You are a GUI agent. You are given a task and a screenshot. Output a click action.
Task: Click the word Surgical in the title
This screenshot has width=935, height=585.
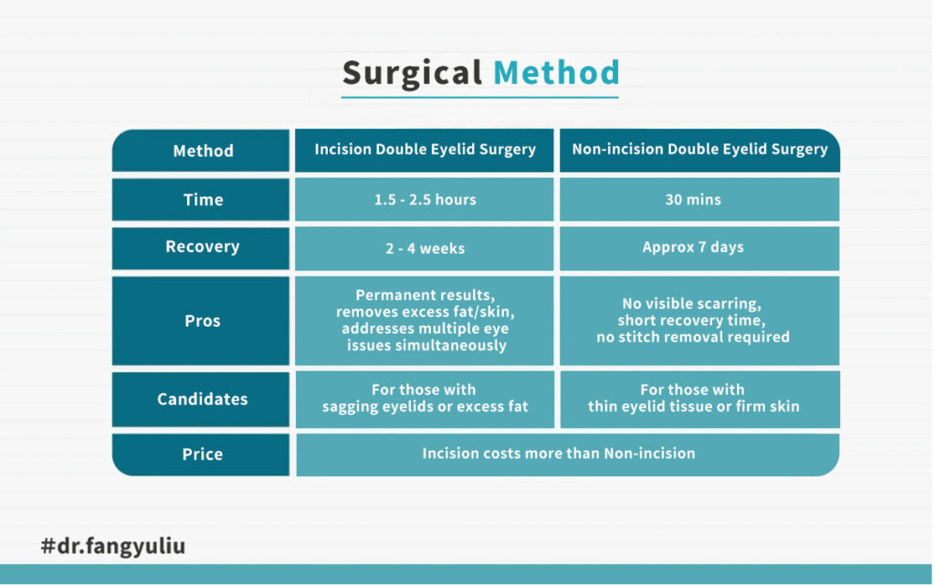tap(412, 74)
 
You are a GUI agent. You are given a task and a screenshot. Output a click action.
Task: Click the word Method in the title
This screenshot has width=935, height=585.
tap(556, 73)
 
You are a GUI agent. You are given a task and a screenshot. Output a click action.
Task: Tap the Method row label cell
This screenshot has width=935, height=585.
tap(201, 151)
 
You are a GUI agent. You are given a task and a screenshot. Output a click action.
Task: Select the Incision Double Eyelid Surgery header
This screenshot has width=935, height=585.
tap(425, 150)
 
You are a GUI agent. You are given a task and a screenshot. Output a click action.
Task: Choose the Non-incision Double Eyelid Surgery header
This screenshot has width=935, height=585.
tap(699, 150)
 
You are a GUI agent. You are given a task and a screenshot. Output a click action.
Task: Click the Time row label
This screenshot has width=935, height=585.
tap(201, 200)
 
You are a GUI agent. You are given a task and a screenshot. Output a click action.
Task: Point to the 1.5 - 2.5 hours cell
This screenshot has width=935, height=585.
tap(425, 200)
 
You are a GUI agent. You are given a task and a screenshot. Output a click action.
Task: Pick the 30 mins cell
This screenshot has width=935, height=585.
tap(699, 200)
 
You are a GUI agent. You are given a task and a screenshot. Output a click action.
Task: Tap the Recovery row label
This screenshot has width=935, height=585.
tap(201, 248)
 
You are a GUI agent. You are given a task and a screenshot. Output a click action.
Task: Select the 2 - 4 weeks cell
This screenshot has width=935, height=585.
tap(425, 248)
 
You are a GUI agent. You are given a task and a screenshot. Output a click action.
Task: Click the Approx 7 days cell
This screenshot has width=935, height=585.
tap(699, 248)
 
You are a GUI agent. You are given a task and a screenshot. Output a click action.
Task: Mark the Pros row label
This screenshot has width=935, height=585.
tap(201, 320)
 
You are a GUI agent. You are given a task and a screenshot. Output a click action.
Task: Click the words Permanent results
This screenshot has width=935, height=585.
tap(425, 295)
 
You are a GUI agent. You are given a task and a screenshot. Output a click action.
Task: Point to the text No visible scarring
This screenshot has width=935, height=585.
tap(692, 304)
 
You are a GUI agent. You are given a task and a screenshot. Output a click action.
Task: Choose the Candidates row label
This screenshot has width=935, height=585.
tap(201, 399)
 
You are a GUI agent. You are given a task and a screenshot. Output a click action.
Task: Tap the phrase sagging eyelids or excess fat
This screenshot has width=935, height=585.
tap(425, 407)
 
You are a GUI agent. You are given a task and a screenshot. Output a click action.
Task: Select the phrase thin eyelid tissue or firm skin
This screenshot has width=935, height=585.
tap(694, 407)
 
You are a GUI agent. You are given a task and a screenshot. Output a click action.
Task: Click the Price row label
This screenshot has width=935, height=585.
tap(201, 454)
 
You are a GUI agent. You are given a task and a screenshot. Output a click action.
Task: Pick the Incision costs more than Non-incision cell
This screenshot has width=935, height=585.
tap(568, 454)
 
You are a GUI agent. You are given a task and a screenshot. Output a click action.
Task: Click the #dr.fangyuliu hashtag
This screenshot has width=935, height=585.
tap(113, 546)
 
